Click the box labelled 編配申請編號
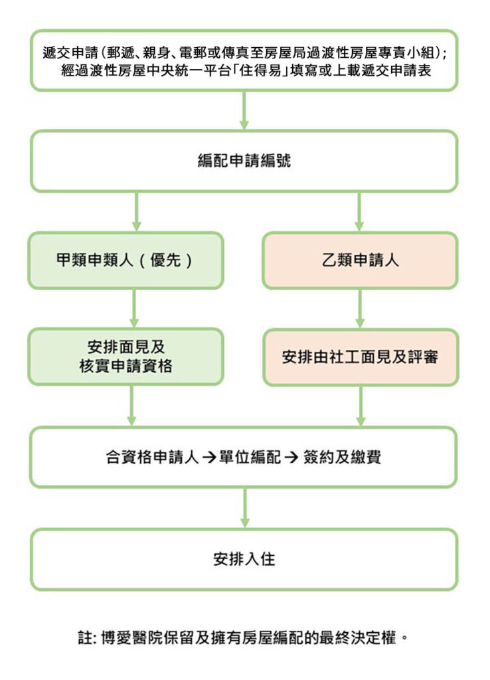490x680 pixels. [x=244, y=161]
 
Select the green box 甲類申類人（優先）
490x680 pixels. [x=125, y=260]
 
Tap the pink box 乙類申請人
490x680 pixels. [x=360, y=260]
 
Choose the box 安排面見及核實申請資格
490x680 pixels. [x=125, y=357]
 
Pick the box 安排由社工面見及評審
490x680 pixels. [x=361, y=357]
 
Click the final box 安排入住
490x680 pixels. [x=244, y=559]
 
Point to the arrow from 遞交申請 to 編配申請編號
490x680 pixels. [x=244, y=110]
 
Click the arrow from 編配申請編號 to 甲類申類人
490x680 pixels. [x=136, y=212]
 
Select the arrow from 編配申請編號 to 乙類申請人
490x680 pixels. [x=359, y=212]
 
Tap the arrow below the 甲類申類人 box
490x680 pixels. [x=134, y=308]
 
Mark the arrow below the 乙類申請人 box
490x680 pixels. [x=360, y=308]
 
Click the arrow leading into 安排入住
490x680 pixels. [x=245, y=507]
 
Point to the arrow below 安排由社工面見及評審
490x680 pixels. [x=361, y=406]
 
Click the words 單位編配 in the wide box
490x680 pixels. [x=250, y=457]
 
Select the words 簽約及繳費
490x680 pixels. [x=342, y=457]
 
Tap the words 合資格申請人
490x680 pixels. [x=152, y=457]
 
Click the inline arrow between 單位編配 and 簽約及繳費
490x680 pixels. [x=291, y=458]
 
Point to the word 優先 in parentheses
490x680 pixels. [x=165, y=260]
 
